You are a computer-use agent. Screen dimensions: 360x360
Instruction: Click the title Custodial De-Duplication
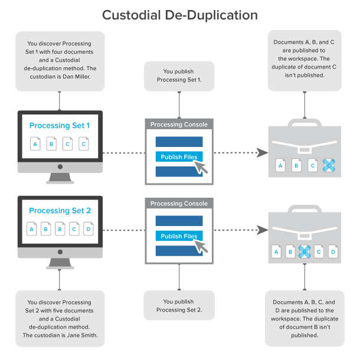pyautogui.click(x=179, y=14)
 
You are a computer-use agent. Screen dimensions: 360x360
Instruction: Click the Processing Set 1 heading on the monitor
pyautogui.click(x=60, y=126)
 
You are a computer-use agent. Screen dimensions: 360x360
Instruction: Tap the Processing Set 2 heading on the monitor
pyautogui.click(x=60, y=211)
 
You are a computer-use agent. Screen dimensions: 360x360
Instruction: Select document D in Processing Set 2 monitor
pyautogui.click(x=89, y=229)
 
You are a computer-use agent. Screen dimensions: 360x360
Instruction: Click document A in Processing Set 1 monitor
pyautogui.click(x=35, y=144)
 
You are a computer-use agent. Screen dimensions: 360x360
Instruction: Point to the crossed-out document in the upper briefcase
pyautogui.click(x=329, y=166)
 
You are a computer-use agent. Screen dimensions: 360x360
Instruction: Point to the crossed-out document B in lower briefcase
pyautogui.click(x=305, y=252)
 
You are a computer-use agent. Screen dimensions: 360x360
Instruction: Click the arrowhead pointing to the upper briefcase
pyautogui.click(x=260, y=153)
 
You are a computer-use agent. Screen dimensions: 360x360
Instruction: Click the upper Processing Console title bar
pyautogui.click(x=179, y=125)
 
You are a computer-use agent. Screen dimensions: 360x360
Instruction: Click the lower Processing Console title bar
pyautogui.click(x=179, y=204)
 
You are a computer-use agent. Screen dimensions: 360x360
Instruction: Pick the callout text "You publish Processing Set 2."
pyautogui.click(x=179, y=306)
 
